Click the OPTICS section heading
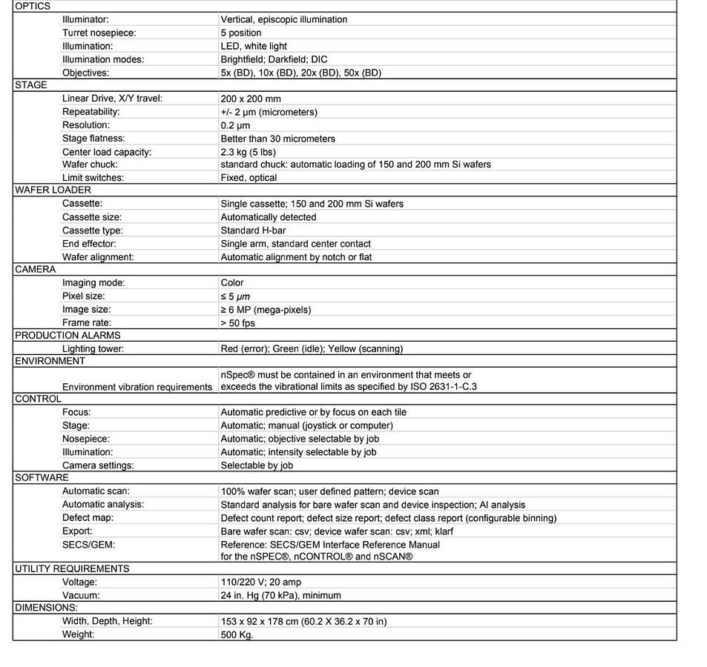[x=33, y=6]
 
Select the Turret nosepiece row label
[x=99, y=33]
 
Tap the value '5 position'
[x=241, y=33]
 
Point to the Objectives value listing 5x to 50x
[x=300, y=73]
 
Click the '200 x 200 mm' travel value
[x=251, y=99]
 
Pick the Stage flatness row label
[x=93, y=139]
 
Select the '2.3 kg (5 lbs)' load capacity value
[x=248, y=152]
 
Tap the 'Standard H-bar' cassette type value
[x=253, y=230]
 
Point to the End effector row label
[x=89, y=244]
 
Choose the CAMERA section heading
[x=35, y=269]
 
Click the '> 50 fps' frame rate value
[x=239, y=323]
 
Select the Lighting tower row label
[x=93, y=349]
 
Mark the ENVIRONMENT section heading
[x=50, y=361]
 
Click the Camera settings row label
[x=98, y=465]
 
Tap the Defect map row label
[x=88, y=518]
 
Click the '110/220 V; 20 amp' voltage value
[x=260, y=583]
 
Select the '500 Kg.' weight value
[x=237, y=635]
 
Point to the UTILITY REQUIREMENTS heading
[x=72, y=568]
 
